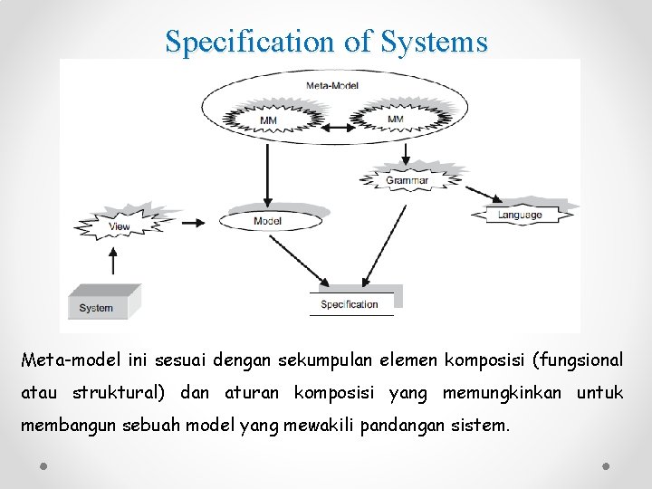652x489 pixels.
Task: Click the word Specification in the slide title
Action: [x=249, y=42]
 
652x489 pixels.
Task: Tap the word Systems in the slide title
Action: [x=434, y=42]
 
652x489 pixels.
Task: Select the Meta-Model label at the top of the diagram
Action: [x=332, y=86]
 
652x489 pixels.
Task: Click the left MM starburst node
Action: [x=268, y=120]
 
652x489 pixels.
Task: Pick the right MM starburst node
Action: [x=395, y=119]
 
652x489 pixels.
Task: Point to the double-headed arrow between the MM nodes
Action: [x=331, y=128]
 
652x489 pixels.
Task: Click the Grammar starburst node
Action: [x=407, y=178]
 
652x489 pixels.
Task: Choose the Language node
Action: [x=520, y=215]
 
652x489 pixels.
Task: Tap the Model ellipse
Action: [x=268, y=221]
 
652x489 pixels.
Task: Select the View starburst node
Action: [x=119, y=225]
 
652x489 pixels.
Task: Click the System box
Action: [x=102, y=305]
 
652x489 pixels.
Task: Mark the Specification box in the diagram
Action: [x=350, y=303]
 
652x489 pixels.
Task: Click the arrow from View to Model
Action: [x=188, y=222]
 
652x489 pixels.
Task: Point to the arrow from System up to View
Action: [x=112, y=263]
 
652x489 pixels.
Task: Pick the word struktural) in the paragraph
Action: [x=120, y=392]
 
